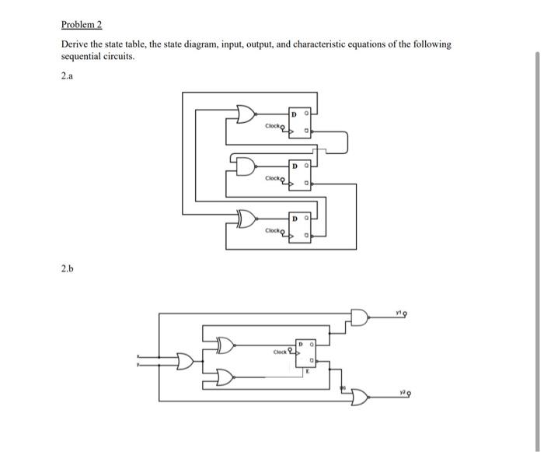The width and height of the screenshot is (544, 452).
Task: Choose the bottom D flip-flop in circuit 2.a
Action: coord(301,228)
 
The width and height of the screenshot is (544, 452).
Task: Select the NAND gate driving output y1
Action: coord(361,317)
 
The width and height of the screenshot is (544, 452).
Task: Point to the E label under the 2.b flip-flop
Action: coord(309,372)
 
